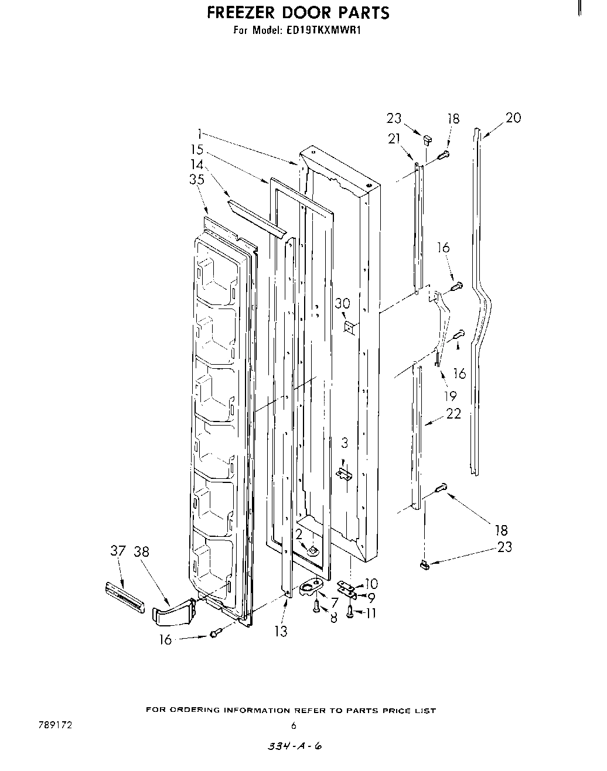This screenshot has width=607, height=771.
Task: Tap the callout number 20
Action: [x=513, y=118]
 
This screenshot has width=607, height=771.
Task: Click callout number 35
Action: [x=197, y=180]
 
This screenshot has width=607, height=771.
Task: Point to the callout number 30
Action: [x=342, y=303]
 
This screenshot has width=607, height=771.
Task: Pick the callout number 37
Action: [x=118, y=551]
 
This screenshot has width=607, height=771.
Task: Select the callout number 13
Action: [x=281, y=632]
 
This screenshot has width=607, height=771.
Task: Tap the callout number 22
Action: [x=453, y=413]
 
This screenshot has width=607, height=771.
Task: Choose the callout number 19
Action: [x=450, y=395]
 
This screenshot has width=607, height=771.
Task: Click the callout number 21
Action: [x=394, y=138]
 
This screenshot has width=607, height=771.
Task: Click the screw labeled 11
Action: [x=350, y=612]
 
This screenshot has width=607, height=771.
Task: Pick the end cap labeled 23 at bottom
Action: [x=425, y=564]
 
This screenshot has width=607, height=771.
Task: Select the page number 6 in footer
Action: [x=294, y=726]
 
